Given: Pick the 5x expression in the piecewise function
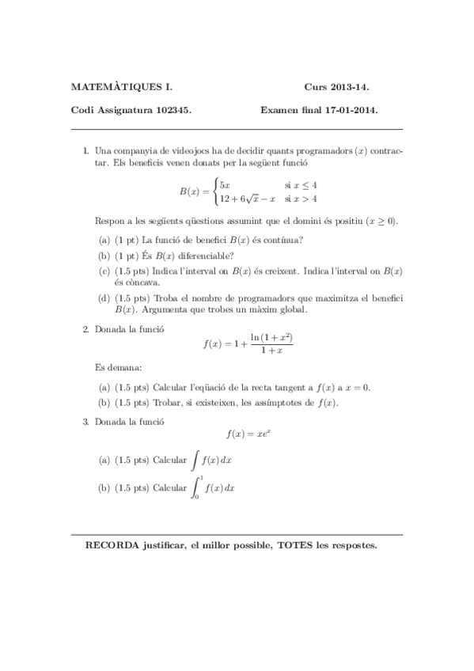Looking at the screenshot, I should pyautogui.click(x=225, y=184).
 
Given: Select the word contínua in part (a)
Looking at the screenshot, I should pyautogui.click(x=283, y=240).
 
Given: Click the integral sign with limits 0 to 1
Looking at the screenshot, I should pyautogui.click(x=196, y=488).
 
